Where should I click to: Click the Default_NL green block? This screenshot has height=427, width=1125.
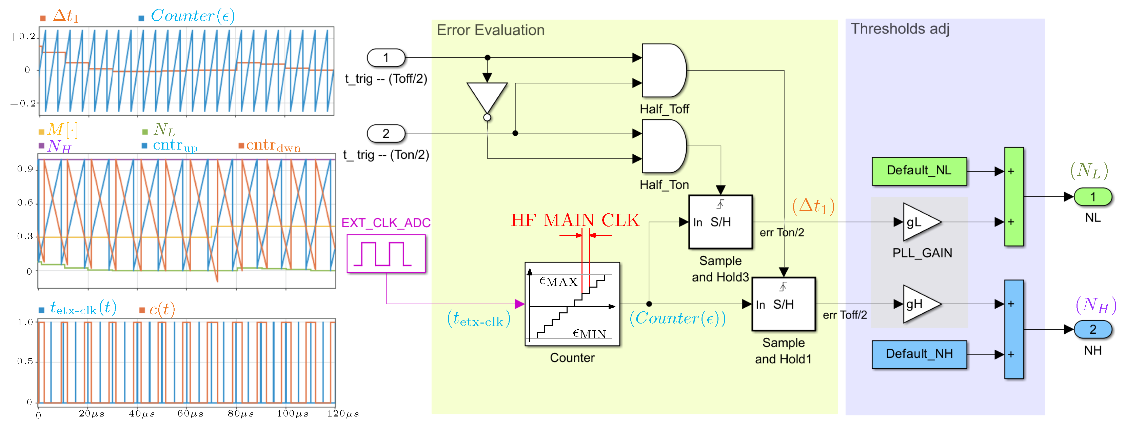(919, 171)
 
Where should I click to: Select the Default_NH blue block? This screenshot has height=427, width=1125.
(919, 354)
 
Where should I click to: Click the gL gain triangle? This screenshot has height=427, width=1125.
(919, 222)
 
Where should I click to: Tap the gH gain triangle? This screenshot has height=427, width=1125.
(919, 304)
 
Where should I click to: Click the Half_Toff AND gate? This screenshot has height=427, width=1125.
(663, 70)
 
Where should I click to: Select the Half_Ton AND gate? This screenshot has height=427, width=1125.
(663, 146)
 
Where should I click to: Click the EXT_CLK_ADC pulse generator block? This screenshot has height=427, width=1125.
(386, 253)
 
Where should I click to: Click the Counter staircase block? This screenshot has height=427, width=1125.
(572, 304)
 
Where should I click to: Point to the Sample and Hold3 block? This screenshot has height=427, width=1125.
(720, 222)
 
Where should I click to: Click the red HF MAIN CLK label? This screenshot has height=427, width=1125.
(575, 220)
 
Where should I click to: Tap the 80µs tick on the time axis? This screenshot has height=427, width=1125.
(240, 413)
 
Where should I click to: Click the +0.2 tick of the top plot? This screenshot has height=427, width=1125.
(23, 37)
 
